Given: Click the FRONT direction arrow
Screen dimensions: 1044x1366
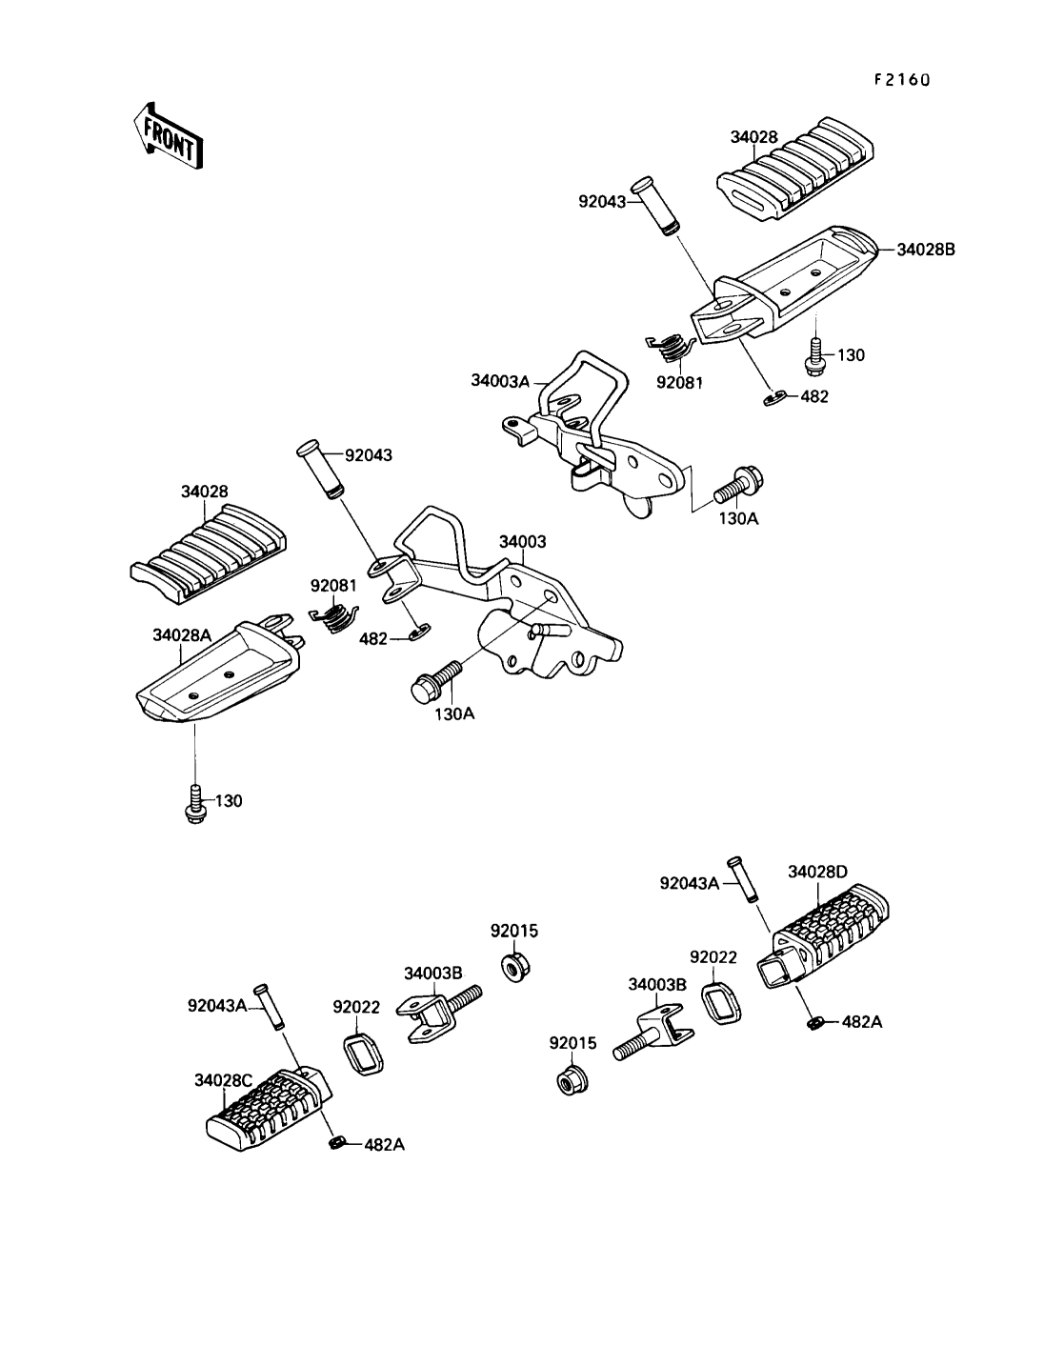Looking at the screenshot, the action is (x=168, y=137).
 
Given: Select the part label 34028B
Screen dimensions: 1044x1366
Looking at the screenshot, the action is (x=926, y=250).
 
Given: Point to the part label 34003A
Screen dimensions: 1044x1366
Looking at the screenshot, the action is (x=500, y=380).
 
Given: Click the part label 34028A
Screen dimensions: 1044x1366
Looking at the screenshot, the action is (x=182, y=634).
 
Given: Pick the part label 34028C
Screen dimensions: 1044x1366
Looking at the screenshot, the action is (x=224, y=1080).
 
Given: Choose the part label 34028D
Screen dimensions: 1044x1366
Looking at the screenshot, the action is (x=817, y=872).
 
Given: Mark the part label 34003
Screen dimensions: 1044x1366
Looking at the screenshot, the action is (x=523, y=542).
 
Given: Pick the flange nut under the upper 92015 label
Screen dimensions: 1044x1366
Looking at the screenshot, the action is (x=515, y=968).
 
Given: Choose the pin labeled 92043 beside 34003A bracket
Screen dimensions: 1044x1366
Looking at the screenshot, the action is (x=655, y=207).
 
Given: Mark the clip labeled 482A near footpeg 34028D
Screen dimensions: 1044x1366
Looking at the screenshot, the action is (x=815, y=1022).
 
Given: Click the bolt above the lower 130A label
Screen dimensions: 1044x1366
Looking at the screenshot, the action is (x=435, y=681).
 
